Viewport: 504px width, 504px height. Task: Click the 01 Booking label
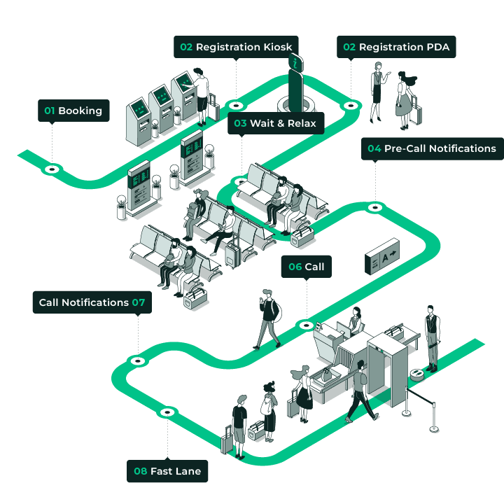tap(73, 111)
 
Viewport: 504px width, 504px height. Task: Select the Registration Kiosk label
tap(237, 47)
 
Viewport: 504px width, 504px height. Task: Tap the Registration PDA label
tap(397, 47)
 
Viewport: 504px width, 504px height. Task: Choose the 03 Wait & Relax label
tap(275, 123)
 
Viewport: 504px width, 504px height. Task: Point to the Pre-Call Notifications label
tap(432, 148)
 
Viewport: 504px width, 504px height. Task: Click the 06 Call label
tap(306, 267)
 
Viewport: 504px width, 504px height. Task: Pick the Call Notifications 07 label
tap(92, 302)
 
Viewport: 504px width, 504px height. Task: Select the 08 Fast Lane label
tap(167, 471)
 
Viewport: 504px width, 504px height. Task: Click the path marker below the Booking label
tap(51, 169)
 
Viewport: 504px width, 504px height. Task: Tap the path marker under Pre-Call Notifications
tap(375, 207)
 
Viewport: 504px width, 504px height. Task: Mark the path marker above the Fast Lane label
tap(167, 412)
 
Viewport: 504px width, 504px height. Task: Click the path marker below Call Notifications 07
tap(138, 360)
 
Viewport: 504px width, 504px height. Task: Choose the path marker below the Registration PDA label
tap(350, 105)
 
